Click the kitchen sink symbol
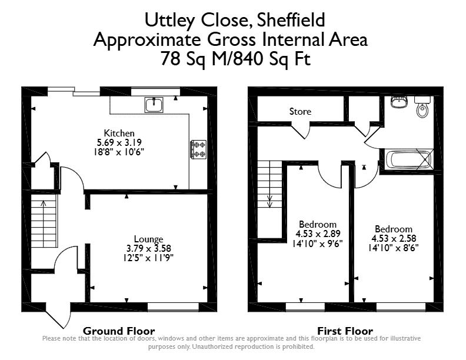[x=154, y=105]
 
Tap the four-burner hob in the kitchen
[x=198, y=149]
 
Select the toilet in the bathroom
[x=422, y=106]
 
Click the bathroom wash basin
[x=399, y=102]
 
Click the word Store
[x=300, y=111]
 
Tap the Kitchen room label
[x=119, y=133]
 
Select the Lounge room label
[x=148, y=239]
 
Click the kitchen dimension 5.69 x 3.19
[x=119, y=142]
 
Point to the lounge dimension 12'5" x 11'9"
[x=148, y=258]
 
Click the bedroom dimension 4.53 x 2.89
[x=318, y=234]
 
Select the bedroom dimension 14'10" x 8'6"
[x=393, y=248]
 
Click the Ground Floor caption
[x=119, y=331]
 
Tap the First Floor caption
[x=345, y=331]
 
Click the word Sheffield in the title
[x=291, y=20]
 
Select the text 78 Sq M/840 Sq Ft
[x=235, y=58]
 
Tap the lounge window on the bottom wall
[x=173, y=306]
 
